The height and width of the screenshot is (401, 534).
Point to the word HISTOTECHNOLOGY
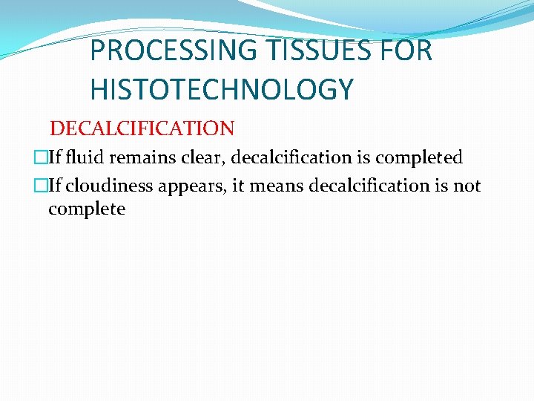[x=222, y=90]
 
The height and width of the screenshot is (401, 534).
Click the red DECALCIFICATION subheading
[x=142, y=128]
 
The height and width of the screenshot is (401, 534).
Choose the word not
[x=467, y=186]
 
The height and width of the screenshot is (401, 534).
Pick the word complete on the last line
[x=87, y=209]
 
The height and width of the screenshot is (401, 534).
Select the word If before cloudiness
[x=55, y=186]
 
